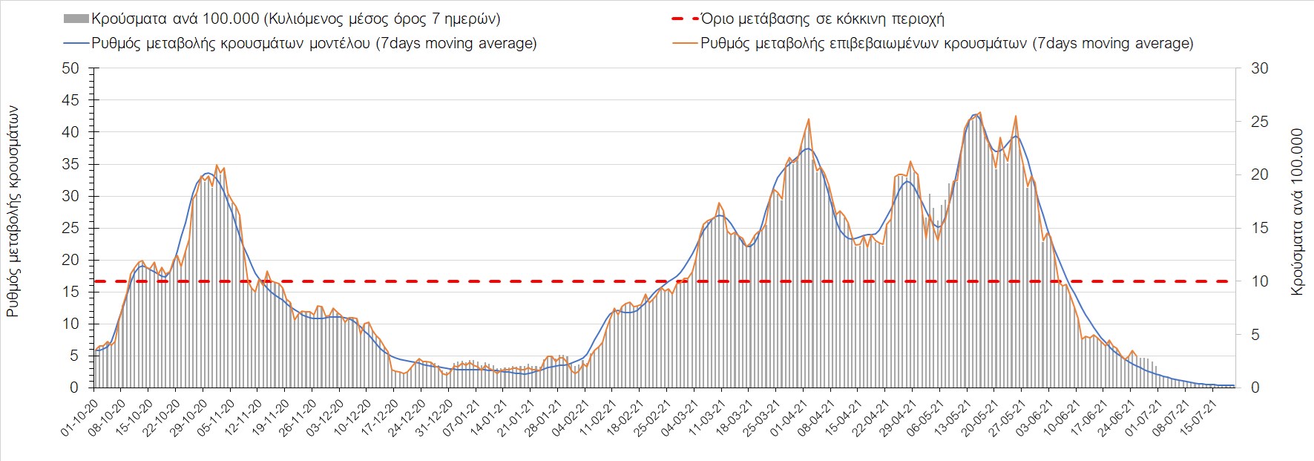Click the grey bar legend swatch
(x=76, y=19)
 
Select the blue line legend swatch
(x=76, y=43)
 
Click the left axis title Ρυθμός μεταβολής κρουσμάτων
(x=13, y=212)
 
